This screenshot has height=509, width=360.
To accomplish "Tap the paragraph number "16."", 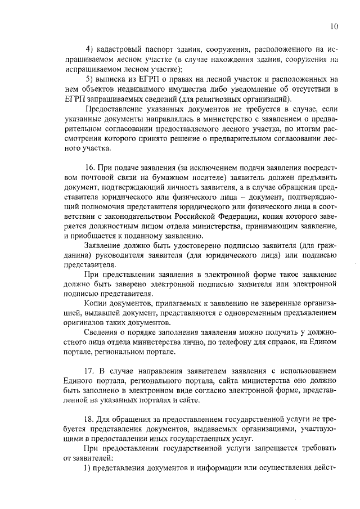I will (x=89, y=169).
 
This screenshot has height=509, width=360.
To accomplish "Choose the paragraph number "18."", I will (x=89, y=420).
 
